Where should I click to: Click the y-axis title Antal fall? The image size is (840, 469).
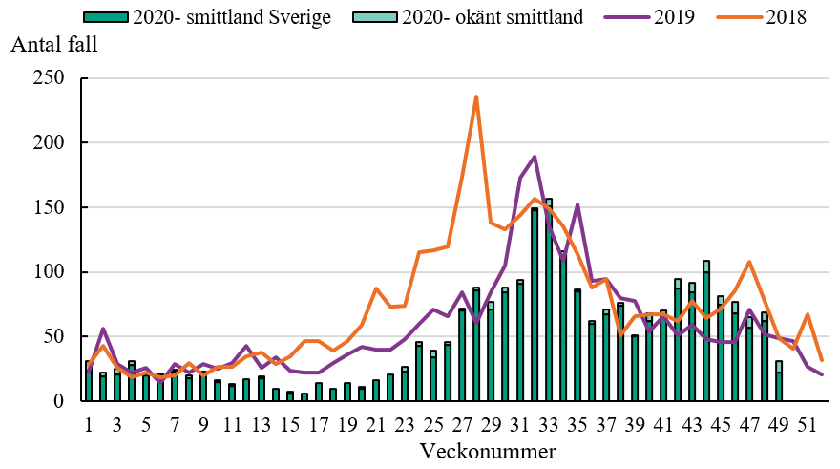[53, 45]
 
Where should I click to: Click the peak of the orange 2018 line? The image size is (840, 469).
[476, 96]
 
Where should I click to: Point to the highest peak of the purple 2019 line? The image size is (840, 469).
[534, 157]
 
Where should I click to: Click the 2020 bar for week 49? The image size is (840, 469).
[778, 382]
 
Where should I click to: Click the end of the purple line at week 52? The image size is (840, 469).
[822, 374]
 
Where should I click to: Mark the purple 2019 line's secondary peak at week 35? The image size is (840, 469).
[577, 205]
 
